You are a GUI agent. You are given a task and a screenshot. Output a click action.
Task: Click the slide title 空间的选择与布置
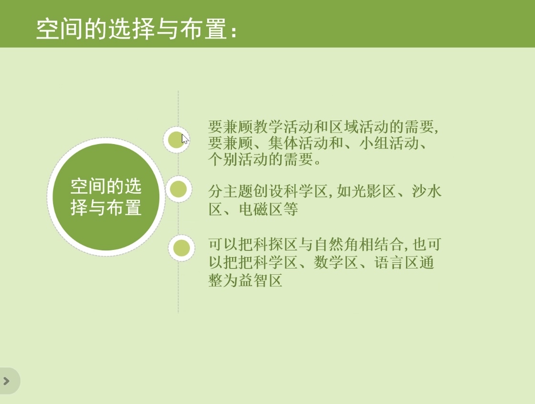pos(132,29)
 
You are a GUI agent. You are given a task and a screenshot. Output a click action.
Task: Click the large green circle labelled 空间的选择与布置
pos(106,197)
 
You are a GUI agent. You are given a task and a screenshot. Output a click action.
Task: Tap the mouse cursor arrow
pos(185,139)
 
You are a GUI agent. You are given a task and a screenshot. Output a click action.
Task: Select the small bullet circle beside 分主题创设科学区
pos(178,189)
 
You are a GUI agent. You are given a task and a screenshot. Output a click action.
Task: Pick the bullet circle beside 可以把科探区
pos(181,248)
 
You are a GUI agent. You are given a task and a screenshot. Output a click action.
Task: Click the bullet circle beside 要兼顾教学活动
pos(177,139)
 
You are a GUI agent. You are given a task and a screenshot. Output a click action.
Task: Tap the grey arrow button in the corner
pos(7,381)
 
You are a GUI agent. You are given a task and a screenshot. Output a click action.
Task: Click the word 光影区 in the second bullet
pos(374,191)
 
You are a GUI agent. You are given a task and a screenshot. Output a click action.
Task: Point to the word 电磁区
pos(261,209)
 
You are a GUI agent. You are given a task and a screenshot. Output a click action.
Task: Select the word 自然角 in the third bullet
pos(336,244)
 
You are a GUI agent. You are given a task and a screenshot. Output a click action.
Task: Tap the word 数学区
pos(336,262)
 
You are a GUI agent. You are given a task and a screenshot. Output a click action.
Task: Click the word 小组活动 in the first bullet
pos(389,143)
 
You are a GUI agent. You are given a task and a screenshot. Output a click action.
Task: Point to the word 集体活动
pos(298,143)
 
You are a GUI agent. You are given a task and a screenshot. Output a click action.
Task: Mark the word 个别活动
pos(238,159)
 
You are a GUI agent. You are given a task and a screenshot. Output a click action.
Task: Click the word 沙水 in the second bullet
pos(427,191)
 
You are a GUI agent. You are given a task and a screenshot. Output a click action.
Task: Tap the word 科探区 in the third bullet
pos(275,244)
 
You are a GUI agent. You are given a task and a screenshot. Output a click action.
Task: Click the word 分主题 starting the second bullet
pos(231,191)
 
